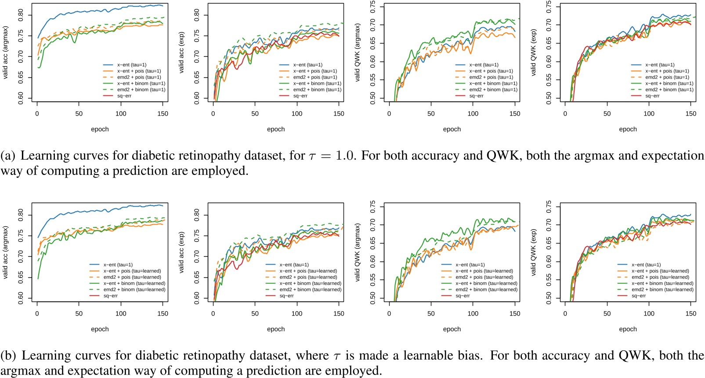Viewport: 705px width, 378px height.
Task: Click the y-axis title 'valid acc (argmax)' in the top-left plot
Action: (6, 52)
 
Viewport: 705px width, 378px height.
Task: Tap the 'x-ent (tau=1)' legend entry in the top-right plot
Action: (660, 65)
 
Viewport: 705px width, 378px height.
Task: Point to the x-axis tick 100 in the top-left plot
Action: (121, 113)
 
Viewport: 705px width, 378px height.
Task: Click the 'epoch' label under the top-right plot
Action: (628, 129)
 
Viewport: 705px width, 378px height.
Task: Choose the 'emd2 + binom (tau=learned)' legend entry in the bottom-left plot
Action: (134, 290)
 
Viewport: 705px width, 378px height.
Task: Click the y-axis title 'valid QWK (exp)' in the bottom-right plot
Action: (534, 252)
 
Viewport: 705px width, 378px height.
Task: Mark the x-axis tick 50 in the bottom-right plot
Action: (607, 313)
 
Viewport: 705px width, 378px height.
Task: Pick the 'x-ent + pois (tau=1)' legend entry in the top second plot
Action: (315, 71)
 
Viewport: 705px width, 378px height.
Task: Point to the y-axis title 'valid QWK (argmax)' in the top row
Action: (358, 52)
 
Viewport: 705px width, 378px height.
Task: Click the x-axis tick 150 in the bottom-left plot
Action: (163, 313)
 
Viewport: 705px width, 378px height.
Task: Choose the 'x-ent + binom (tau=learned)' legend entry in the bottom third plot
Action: (486, 283)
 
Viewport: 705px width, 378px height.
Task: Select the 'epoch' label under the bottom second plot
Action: (276, 329)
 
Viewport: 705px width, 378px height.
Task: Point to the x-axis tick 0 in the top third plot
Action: (389, 113)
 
